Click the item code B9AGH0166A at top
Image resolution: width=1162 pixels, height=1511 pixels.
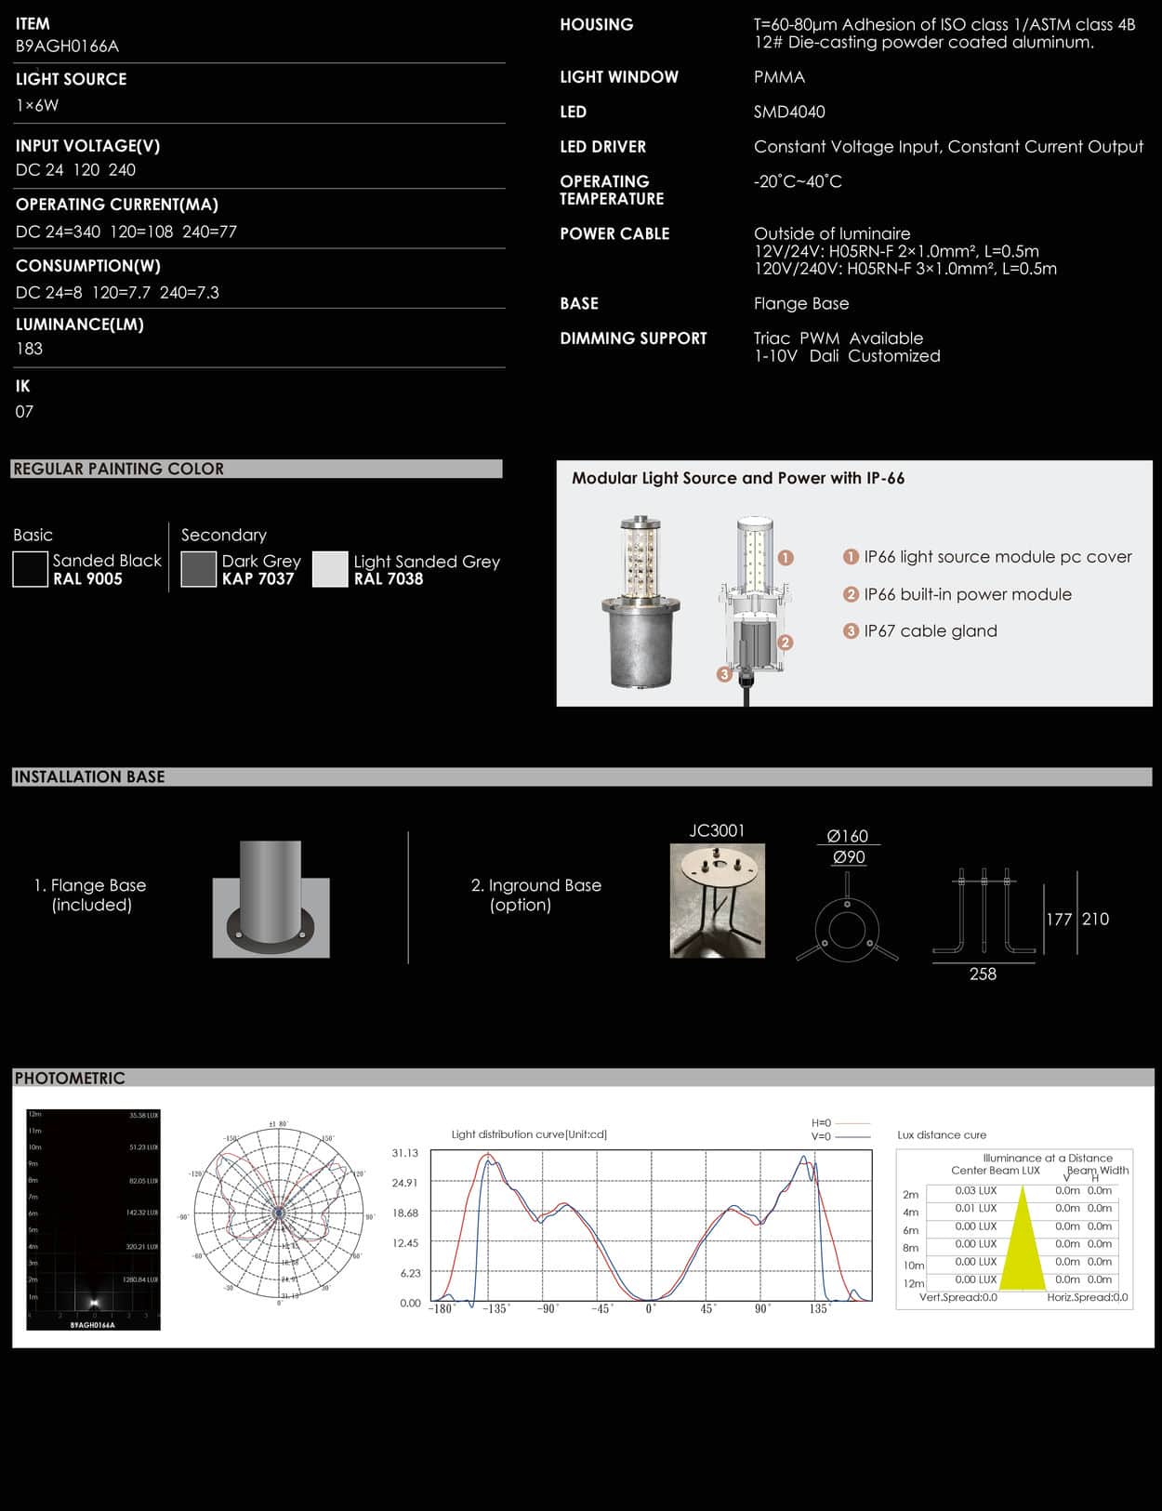tap(67, 46)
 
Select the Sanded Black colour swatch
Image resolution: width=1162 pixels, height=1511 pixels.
tap(30, 569)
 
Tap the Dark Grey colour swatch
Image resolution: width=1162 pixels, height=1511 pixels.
tap(198, 569)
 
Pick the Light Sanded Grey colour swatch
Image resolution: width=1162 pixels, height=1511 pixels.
tap(330, 569)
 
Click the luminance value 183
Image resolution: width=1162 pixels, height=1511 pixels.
tap(29, 349)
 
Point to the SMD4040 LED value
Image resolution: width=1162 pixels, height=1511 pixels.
tap(789, 112)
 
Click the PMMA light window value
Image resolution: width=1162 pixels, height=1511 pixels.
tap(779, 77)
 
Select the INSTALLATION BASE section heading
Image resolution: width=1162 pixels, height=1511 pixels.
tap(89, 776)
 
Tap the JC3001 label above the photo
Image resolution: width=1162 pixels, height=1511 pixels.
tap(717, 830)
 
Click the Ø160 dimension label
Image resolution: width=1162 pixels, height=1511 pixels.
tap(847, 836)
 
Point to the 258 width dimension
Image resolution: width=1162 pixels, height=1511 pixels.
tap(983, 974)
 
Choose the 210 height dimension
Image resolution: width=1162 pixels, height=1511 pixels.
tap(1095, 919)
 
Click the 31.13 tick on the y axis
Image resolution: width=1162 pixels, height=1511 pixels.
tap(404, 1153)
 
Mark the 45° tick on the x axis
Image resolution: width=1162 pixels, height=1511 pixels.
tap(708, 1308)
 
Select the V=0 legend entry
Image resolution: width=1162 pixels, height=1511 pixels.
tap(822, 1136)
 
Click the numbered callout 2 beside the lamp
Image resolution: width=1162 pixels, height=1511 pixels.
tap(786, 642)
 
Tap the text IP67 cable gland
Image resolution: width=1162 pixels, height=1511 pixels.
tap(930, 630)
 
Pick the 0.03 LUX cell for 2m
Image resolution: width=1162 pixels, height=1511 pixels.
tap(975, 1190)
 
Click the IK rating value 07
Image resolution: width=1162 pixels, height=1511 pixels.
tap(24, 411)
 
